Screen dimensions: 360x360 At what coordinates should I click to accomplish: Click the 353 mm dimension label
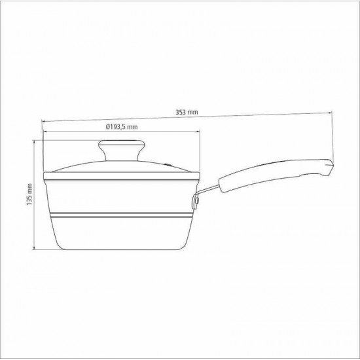click(x=187, y=112)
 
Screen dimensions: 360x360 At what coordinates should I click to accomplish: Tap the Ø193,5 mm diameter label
click(x=121, y=126)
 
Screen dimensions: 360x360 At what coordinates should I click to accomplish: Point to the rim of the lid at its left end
click(x=45, y=175)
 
